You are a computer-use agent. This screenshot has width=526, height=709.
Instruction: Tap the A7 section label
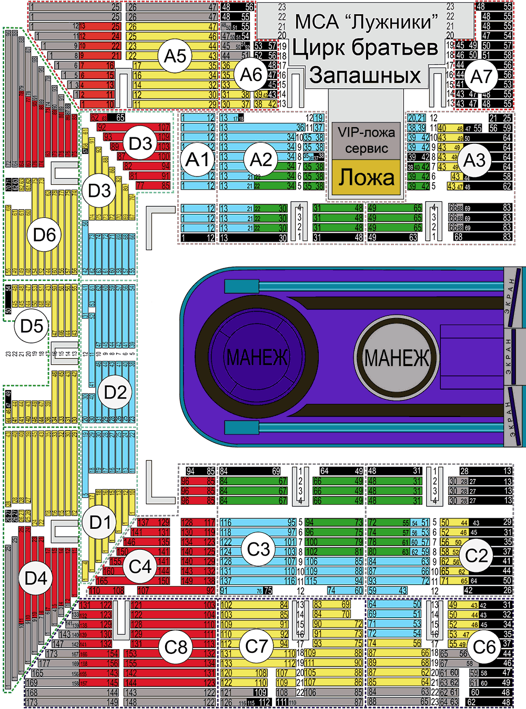click(x=481, y=77)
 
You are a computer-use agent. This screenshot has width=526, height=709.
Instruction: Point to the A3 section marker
click(x=474, y=160)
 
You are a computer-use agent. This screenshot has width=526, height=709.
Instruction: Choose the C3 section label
click(x=258, y=549)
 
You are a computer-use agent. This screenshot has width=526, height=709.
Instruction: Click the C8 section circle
click(x=176, y=647)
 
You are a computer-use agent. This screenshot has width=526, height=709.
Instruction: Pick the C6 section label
click(x=484, y=647)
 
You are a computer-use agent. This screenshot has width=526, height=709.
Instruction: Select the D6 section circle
click(x=44, y=234)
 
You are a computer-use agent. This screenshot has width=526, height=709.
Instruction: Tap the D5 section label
click(x=32, y=326)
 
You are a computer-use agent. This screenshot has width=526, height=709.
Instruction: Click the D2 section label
click(x=115, y=392)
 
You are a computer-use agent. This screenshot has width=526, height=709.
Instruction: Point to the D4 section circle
click(x=36, y=578)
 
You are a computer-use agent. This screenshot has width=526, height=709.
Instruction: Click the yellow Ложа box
click(x=367, y=178)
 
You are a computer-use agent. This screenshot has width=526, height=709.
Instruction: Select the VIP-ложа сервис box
click(x=367, y=140)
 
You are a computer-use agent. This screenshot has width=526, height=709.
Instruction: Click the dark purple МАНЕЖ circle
click(x=257, y=357)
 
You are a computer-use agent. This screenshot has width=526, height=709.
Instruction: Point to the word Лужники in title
click(x=394, y=22)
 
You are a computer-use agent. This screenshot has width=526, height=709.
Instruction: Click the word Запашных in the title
click(x=365, y=75)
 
